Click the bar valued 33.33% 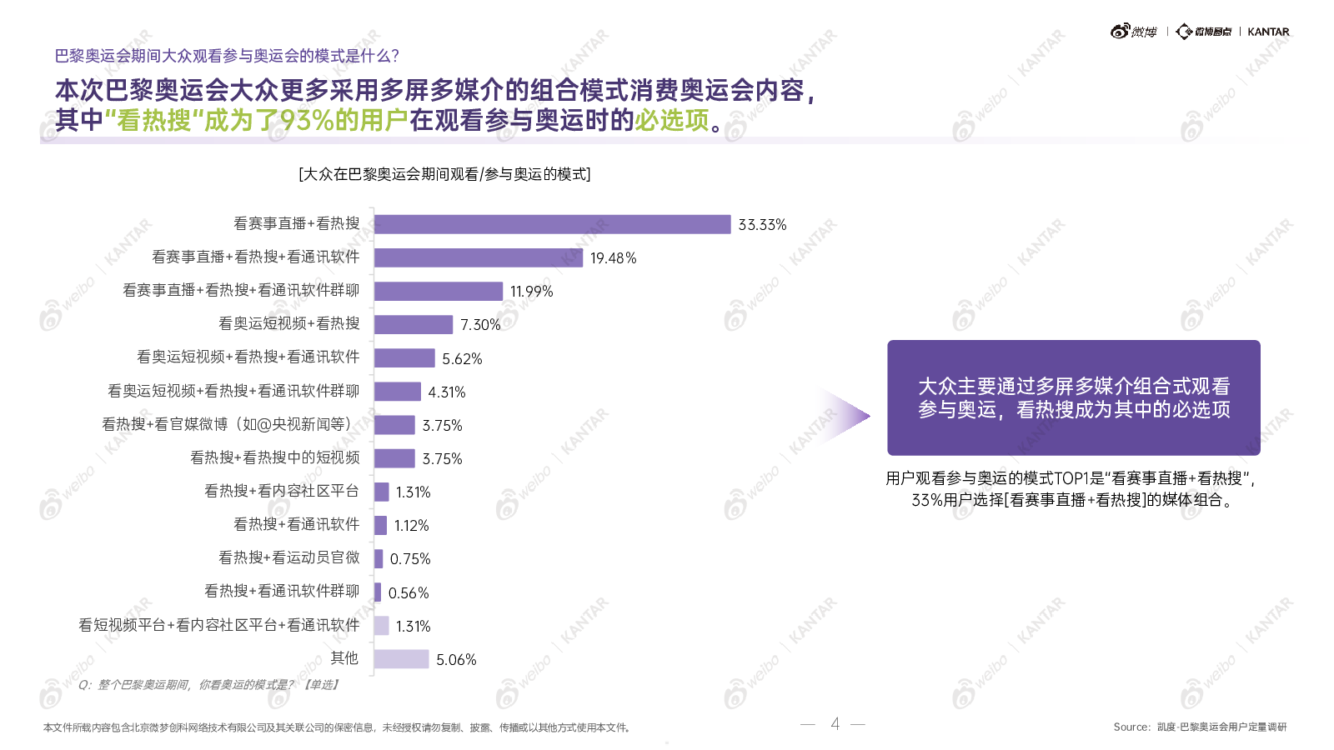552,224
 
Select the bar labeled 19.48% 479,257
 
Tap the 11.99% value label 531,292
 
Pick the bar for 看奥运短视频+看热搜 414,324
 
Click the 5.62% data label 462,359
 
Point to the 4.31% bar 398,392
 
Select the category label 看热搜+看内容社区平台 282,491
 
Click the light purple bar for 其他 401,659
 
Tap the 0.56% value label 409,593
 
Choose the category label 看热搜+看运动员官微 288,557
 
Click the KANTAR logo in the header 1268,32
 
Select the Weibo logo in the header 1134,32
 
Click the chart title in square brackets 444,174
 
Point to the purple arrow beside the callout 845,415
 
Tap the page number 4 835,723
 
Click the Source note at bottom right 1200,727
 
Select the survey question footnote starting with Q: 208,685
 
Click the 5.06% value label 456,660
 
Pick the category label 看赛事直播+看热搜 296,223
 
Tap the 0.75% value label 410,559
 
